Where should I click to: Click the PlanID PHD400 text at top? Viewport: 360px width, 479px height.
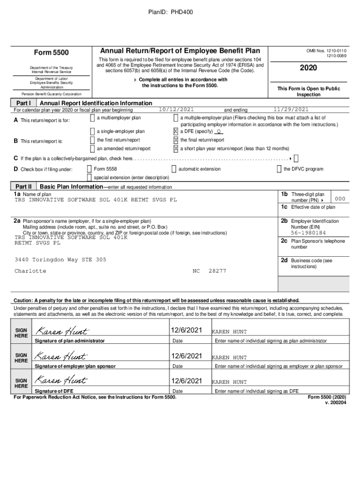[x=180, y=12]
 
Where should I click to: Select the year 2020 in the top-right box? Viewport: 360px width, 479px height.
[x=308, y=68]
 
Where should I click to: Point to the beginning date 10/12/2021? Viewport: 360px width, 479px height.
[x=176, y=109]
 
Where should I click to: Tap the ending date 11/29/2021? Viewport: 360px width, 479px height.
[x=291, y=109]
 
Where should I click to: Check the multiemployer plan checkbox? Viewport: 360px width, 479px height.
[x=92, y=118]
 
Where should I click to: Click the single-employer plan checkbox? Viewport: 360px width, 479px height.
[x=92, y=131]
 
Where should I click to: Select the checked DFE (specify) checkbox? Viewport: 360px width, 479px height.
[x=176, y=131]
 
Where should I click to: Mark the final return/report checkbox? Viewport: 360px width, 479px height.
[x=176, y=140]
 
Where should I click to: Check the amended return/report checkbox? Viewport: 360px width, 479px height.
[x=92, y=149]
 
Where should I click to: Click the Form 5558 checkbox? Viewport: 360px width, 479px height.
[x=89, y=169]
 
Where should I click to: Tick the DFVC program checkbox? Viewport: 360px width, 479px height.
[x=279, y=169]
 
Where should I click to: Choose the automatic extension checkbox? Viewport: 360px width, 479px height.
[x=174, y=169]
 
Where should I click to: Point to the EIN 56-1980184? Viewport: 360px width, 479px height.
[x=308, y=232]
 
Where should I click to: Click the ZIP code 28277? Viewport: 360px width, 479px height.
[x=217, y=271]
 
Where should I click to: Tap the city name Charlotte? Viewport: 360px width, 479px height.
[x=30, y=271]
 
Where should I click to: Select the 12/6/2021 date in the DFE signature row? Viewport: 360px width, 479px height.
[x=187, y=381]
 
